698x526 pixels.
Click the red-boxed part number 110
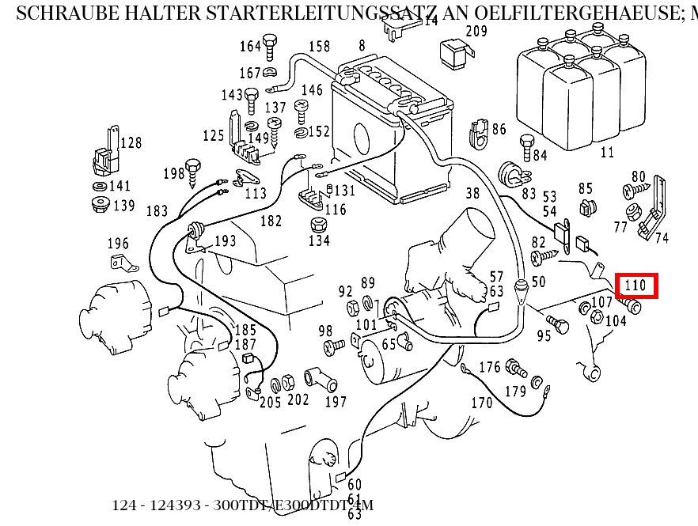click(x=636, y=285)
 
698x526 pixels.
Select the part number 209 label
click(x=476, y=32)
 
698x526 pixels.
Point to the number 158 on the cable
click(x=319, y=47)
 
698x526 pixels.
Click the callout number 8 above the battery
click(x=362, y=46)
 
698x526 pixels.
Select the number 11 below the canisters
click(x=607, y=152)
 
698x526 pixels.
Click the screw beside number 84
click(x=526, y=147)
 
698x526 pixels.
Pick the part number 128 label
click(x=131, y=143)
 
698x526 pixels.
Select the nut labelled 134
click(x=318, y=240)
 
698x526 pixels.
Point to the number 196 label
click(x=117, y=244)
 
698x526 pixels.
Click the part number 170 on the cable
click(x=481, y=403)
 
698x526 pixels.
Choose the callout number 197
click(x=336, y=402)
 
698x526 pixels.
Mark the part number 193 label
click(x=225, y=240)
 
